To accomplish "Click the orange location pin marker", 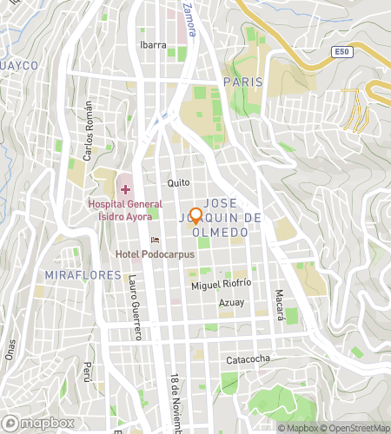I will pos(195,216).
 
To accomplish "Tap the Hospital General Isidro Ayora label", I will pos(124,209).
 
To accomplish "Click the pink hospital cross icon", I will pos(124,188).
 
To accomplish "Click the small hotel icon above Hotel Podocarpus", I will pos(156,240).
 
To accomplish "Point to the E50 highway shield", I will pos(343,53).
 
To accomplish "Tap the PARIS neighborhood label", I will pos(242,81).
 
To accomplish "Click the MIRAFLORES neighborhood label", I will pos(69,275).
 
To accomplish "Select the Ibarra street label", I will pos(153,45).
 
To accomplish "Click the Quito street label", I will pos(178,183).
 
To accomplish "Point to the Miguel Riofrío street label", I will pos(222,284).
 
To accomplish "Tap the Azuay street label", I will pos(231,302).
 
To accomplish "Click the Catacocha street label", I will pos(250,358).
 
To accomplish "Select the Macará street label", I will pos(280,305).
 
